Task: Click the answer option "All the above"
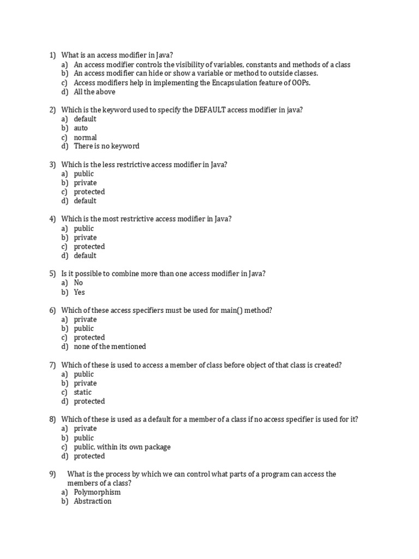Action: coord(94,92)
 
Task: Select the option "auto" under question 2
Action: coord(81,128)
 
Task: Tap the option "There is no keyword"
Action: coord(106,146)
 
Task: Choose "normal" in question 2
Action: coord(85,137)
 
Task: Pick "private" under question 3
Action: coord(85,183)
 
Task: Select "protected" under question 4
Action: coord(89,247)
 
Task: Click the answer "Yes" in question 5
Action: coord(80,292)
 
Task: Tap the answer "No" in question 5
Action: coord(79,283)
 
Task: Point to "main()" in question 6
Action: coord(221,310)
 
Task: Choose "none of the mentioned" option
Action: coord(110,347)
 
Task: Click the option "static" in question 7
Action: coord(83,392)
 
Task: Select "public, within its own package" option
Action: coord(122,447)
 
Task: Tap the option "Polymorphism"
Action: coord(97,492)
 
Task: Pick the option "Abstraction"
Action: coord(93,501)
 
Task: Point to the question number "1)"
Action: coord(52,55)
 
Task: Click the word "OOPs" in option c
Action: coord(307,82)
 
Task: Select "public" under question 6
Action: coord(84,329)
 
